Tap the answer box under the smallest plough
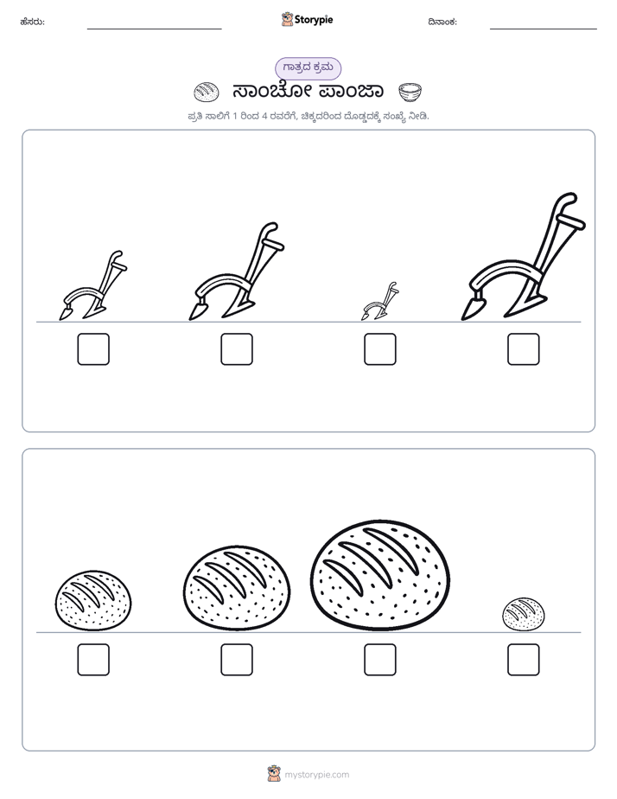click(x=379, y=349)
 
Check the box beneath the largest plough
click(x=524, y=349)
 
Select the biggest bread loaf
click(x=379, y=575)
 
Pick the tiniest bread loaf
click(x=524, y=614)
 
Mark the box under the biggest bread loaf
click(x=379, y=660)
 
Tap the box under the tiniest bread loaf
click(x=524, y=660)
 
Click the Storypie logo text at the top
click(x=314, y=19)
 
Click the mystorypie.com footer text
click(x=316, y=775)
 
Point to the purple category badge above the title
click(x=308, y=68)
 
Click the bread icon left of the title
click(x=207, y=92)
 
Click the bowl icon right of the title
click(x=410, y=93)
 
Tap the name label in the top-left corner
click(x=32, y=22)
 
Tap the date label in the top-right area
click(x=442, y=22)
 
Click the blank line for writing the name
click(x=154, y=29)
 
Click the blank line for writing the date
click(x=544, y=29)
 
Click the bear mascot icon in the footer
click(x=274, y=774)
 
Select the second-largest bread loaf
click(x=237, y=587)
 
